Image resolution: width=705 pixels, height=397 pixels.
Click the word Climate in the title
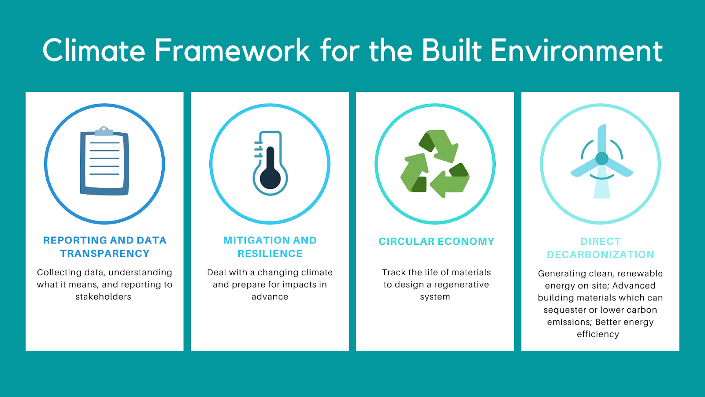click(x=94, y=50)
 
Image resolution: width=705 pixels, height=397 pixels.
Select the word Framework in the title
click(x=232, y=50)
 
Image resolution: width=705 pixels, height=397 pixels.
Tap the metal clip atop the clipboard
click(x=104, y=131)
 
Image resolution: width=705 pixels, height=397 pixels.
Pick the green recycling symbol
click(x=435, y=164)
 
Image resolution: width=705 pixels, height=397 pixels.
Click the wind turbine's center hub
click(x=602, y=158)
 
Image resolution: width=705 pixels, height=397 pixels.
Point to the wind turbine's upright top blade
click(x=602, y=139)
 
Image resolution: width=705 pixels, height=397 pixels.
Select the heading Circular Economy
click(x=437, y=241)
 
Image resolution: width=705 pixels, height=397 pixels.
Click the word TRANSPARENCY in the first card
click(x=105, y=253)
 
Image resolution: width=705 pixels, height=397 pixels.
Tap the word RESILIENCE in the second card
click(x=270, y=253)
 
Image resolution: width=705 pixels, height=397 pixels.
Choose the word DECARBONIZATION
click(x=601, y=254)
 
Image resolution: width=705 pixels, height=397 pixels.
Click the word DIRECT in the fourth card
click(x=601, y=241)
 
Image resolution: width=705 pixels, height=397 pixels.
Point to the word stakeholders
click(x=103, y=296)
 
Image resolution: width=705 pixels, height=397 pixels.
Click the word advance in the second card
click(x=270, y=296)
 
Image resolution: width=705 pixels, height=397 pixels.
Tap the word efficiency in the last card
click(x=598, y=334)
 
